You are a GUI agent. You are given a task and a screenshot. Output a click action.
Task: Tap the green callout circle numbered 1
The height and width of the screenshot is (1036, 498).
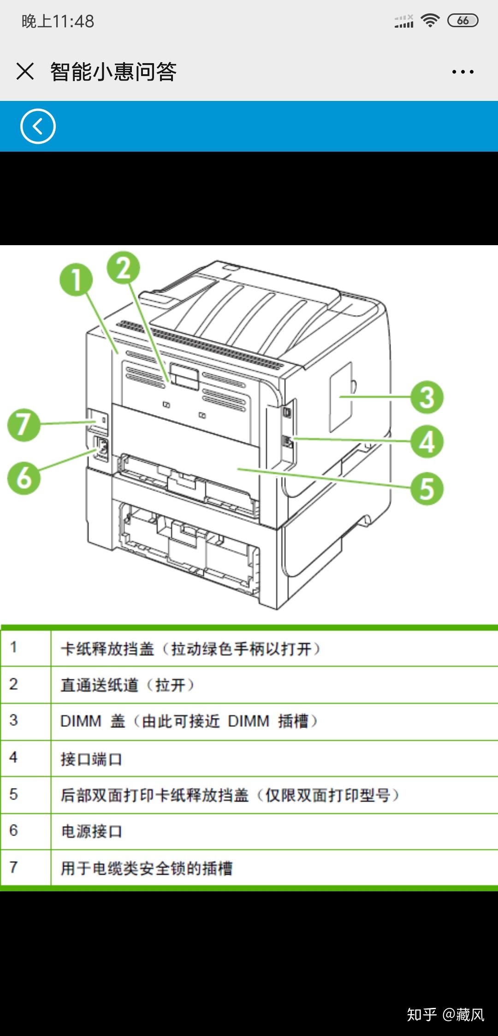[x=76, y=279]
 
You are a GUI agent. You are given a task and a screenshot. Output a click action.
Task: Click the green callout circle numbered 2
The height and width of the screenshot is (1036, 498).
[x=124, y=268]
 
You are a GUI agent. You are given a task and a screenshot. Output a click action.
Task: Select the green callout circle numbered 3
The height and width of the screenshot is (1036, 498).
[x=427, y=397]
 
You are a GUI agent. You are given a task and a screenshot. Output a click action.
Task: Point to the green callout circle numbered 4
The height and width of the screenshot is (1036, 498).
[x=427, y=441]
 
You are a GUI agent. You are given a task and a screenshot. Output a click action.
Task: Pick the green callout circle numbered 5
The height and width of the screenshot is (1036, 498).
[x=427, y=489]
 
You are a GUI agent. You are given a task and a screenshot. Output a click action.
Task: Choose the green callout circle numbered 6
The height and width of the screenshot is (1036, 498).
[x=24, y=478]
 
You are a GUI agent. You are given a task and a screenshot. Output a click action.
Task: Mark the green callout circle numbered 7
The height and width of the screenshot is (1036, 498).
[x=24, y=424]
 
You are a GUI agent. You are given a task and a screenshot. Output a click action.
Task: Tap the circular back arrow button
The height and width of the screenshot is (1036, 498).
[x=38, y=126]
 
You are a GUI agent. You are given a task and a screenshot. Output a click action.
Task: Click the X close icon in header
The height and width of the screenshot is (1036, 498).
[x=25, y=71]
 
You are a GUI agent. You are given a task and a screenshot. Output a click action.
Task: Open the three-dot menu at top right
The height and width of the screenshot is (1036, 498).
[x=462, y=72]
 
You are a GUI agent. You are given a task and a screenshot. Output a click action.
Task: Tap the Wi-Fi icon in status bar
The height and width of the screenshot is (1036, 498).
[x=430, y=21]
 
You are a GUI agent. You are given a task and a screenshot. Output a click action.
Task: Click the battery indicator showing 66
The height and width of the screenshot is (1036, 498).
[x=462, y=21]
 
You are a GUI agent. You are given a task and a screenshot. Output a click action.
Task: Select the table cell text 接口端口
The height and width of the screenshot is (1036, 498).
[x=91, y=759]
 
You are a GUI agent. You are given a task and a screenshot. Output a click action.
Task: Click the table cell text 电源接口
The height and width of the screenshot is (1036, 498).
[x=91, y=831]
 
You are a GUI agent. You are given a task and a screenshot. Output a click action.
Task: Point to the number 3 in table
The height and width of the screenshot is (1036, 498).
[x=13, y=720]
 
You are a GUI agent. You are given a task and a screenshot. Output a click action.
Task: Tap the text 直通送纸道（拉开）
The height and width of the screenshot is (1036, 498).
[x=127, y=685]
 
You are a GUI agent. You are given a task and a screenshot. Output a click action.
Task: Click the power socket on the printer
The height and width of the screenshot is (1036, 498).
[x=101, y=447]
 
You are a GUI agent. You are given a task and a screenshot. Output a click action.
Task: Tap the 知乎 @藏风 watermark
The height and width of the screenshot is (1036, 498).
[x=445, y=1014]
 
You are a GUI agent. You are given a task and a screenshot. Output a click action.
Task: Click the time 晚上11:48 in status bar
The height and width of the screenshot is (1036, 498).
[x=58, y=21]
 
